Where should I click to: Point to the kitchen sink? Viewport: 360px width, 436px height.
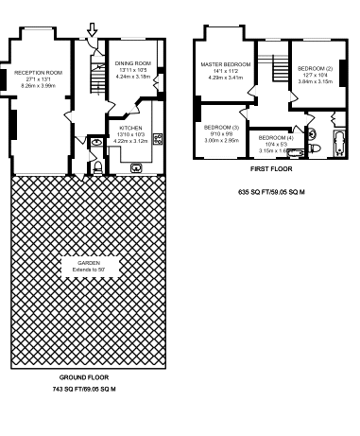pyautogui.click(x=137, y=166)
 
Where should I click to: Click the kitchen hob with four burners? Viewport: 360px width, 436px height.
pyautogui.click(x=158, y=139)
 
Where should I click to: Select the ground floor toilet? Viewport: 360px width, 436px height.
pyautogui.click(x=98, y=167)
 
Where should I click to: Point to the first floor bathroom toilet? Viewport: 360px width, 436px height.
pyautogui.click(x=315, y=149)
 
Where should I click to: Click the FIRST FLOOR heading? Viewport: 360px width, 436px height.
pyautogui.click(x=270, y=169)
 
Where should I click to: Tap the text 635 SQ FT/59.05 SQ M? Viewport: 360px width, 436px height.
pyautogui.click(x=270, y=191)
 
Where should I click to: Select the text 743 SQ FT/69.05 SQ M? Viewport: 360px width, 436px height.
pyautogui.click(x=84, y=389)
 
